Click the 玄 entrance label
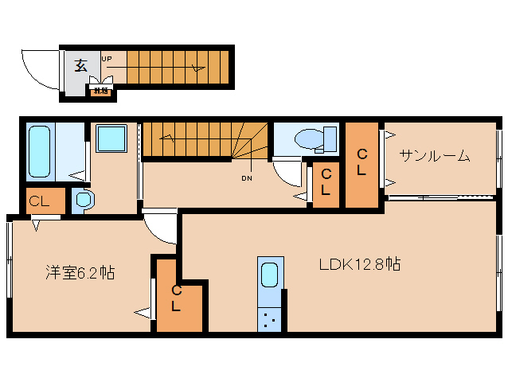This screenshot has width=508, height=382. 80,65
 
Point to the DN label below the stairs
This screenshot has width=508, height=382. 246,177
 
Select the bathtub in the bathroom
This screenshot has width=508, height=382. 40,150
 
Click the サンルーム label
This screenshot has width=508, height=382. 435,156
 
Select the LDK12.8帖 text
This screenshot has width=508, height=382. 359,264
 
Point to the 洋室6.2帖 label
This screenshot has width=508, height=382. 79,273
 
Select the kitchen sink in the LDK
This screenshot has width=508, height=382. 271,275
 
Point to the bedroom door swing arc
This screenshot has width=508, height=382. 162,227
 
